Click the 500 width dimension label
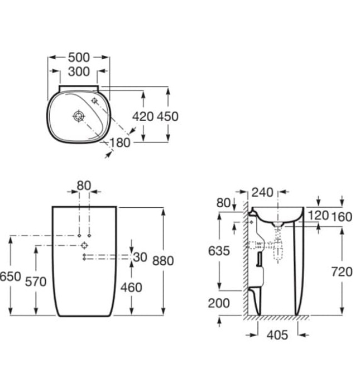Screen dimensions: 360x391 click(79, 58)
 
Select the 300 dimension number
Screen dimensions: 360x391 click(79, 71)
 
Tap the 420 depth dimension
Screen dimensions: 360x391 click(142, 116)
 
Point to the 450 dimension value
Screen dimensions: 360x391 click(167, 116)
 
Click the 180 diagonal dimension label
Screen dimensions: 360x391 click(120, 143)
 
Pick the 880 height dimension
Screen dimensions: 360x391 click(163, 261)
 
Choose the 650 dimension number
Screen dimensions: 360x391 click(10, 276)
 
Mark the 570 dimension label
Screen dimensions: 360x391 click(36, 282)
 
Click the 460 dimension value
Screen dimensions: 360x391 click(131, 288)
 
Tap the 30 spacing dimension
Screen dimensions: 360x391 click(140, 257)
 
